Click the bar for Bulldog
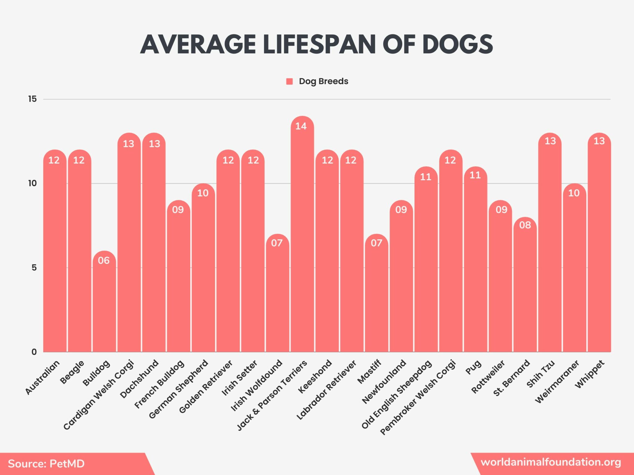pos(104,306)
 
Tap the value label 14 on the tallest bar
pos(301,126)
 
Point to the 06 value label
pos(104,260)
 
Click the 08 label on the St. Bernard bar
pos(525,225)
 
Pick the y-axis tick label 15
pos(32,99)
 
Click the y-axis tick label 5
pos(34,267)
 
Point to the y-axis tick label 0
pos(34,352)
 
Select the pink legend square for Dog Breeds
pos(289,81)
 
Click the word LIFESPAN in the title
pos(319,44)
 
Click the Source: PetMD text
pos(46,464)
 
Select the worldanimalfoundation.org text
pos(551,462)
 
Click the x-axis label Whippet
pos(590,374)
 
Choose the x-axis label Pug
pos(474,367)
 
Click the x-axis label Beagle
pos(72,372)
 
